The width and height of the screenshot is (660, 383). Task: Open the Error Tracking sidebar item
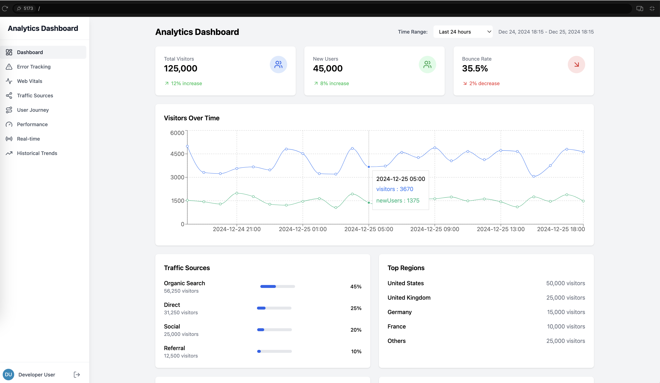pos(34,67)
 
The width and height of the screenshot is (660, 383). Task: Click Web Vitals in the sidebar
pos(29,81)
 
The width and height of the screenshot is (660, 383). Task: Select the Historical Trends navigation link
pos(37,153)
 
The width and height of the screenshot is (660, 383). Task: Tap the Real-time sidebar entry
pos(28,139)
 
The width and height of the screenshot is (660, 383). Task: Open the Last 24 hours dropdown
pos(463,32)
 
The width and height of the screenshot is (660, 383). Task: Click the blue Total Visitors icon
pos(278,65)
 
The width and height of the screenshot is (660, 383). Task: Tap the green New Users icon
pos(427,65)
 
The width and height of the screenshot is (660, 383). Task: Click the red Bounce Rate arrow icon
pos(576,65)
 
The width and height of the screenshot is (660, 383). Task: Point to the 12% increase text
pos(186,84)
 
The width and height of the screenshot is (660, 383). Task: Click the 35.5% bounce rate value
pos(474,68)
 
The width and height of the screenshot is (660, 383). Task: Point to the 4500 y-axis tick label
pos(177,154)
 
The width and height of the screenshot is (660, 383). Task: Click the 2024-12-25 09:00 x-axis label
pos(435,229)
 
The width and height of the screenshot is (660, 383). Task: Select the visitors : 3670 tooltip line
pos(394,189)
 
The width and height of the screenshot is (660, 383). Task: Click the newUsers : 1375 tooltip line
pos(398,201)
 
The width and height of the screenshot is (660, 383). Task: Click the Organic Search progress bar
pos(277,286)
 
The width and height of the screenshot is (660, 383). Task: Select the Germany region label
pos(399,312)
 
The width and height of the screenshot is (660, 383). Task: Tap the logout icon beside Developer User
pos(77,375)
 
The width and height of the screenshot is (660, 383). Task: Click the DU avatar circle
pos(8,375)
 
